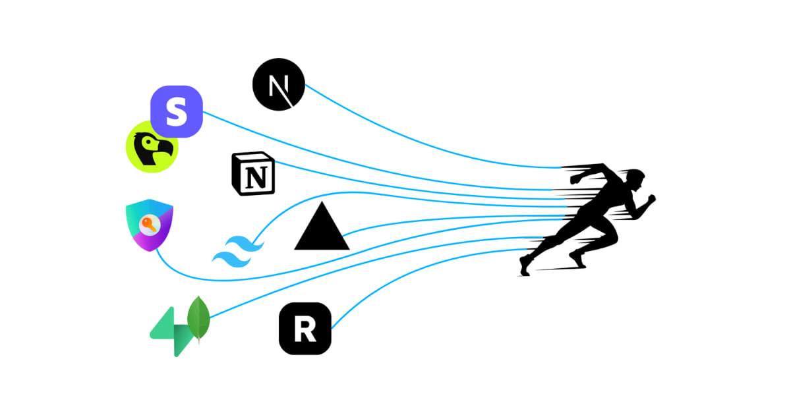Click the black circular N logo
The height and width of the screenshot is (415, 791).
point(279,84)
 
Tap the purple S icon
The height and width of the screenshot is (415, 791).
point(176,111)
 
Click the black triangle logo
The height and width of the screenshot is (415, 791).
point(321,229)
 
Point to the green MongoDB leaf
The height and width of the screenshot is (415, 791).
point(198,318)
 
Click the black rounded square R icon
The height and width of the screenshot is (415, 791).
point(305,329)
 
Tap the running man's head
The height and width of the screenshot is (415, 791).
point(634,178)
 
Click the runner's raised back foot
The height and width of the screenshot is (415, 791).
point(524,265)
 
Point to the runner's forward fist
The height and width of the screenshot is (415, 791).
point(651,197)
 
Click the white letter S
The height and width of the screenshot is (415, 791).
point(176,111)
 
